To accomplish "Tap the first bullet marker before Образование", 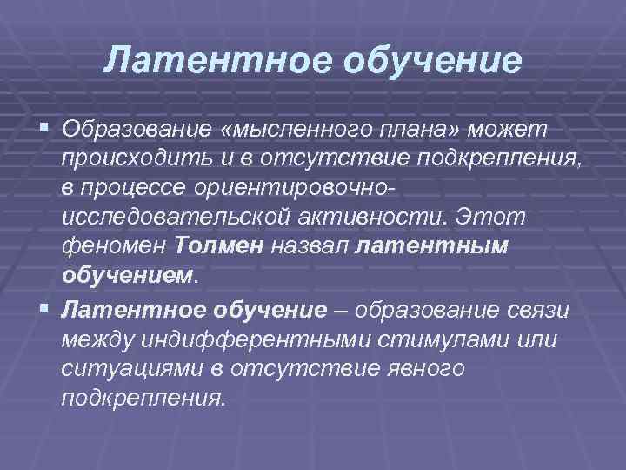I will coord(46,129).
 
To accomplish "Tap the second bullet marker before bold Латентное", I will coord(46,308).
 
